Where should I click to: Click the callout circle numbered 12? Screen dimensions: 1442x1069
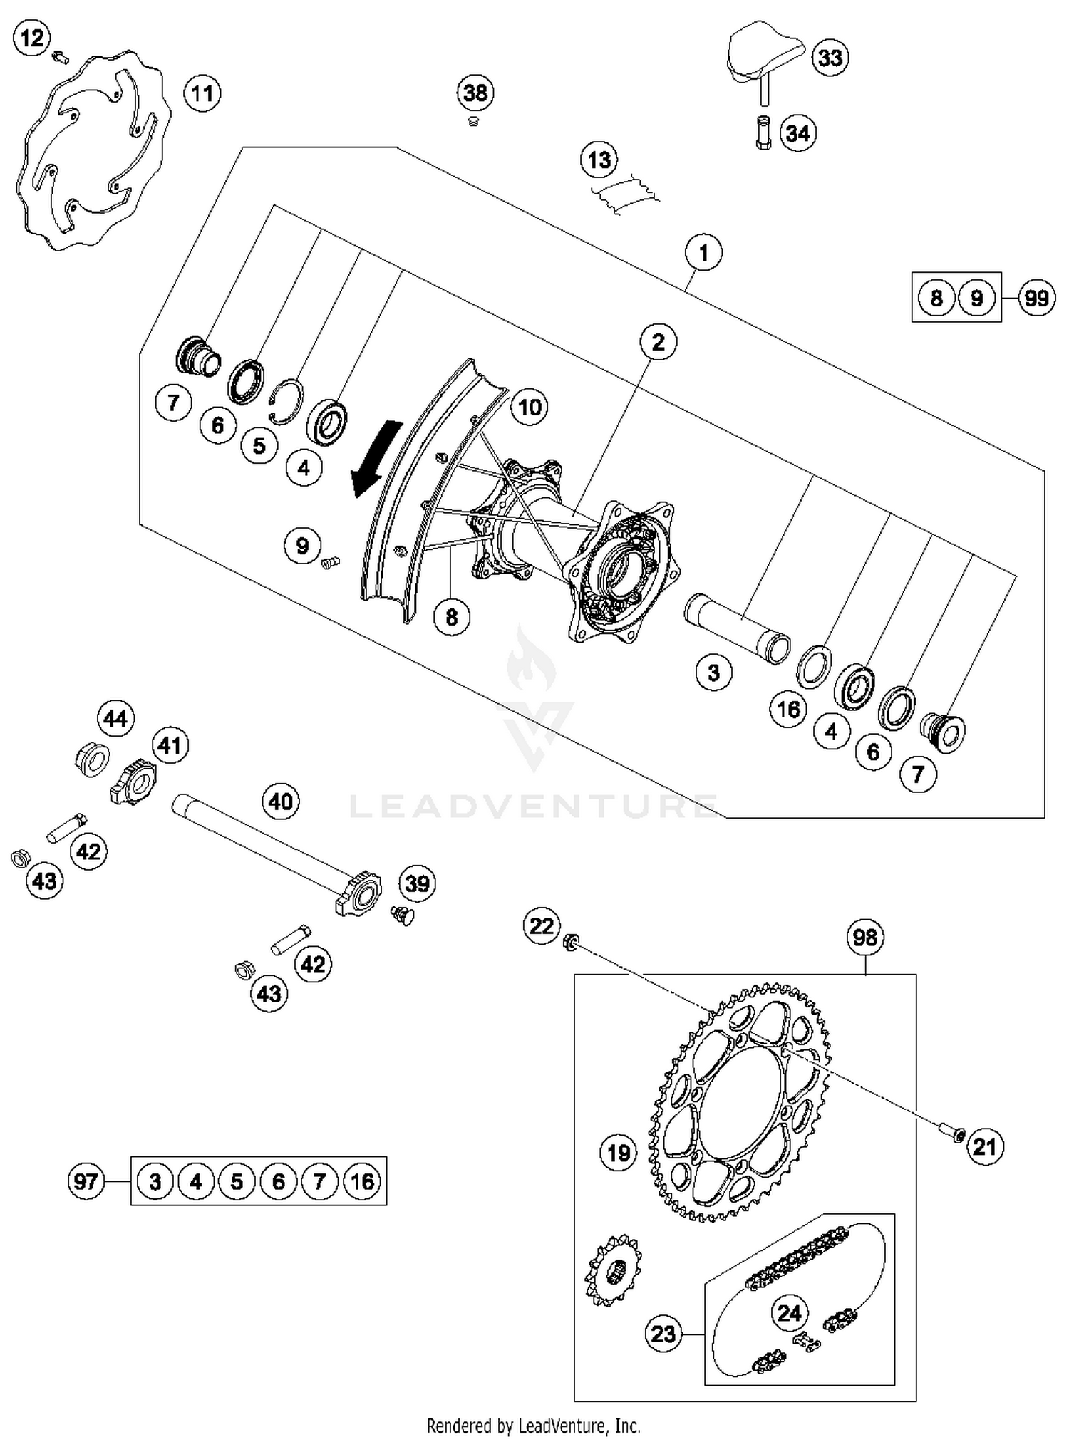(x=32, y=37)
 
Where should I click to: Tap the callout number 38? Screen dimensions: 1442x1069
(x=475, y=93)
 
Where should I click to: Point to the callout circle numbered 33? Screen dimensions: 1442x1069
(x=830, y=57)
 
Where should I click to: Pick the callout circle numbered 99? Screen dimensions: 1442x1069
(x=1036, y=297)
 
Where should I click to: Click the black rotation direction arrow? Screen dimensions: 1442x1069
(x=376, y=458)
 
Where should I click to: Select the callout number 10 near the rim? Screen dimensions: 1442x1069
(x=529, y=407)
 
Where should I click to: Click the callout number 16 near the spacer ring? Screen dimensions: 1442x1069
(x=788, y=709)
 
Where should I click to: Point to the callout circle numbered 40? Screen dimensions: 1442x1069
(x=280, y=802)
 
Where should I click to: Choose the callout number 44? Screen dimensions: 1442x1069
(x=115, y=718)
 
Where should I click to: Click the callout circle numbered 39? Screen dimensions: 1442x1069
(x=417, y=883)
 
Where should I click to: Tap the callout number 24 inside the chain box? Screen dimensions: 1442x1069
(x=789, y=1312)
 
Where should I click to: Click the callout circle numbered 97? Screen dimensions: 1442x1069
(x=86, y=1181)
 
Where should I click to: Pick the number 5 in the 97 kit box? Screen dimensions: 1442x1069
(x=237, y=1181)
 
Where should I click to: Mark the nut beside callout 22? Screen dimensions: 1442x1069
(x=569, y=942)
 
